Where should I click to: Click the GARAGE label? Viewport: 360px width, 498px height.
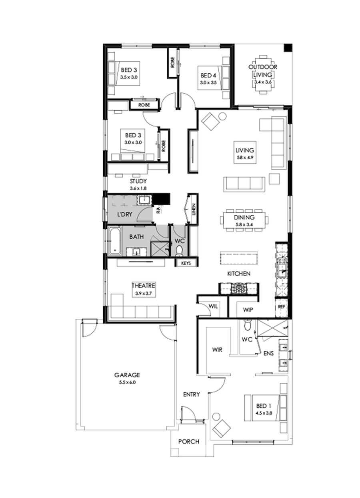click(127, 375)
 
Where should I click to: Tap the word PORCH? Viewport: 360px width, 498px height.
click(188, 442)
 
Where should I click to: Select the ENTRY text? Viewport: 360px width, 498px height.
click(191, 394)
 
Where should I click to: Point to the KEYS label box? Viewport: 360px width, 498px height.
click(186, 263)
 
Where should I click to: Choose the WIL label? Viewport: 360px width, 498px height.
click(212, 306)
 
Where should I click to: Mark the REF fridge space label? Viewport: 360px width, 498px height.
click(281, 306)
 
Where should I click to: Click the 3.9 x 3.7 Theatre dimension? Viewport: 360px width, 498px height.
click(143, 293)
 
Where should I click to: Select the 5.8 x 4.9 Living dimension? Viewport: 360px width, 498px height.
click(245, 157)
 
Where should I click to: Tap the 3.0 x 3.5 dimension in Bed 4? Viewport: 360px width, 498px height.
click(208, 83)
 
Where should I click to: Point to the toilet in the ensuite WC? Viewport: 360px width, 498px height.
click(248, 326)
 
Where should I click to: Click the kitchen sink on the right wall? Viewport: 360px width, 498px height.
click(282, 267)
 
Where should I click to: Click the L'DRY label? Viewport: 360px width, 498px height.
click(125, 215)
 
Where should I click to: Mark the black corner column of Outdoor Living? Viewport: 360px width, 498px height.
click(288, 48)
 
